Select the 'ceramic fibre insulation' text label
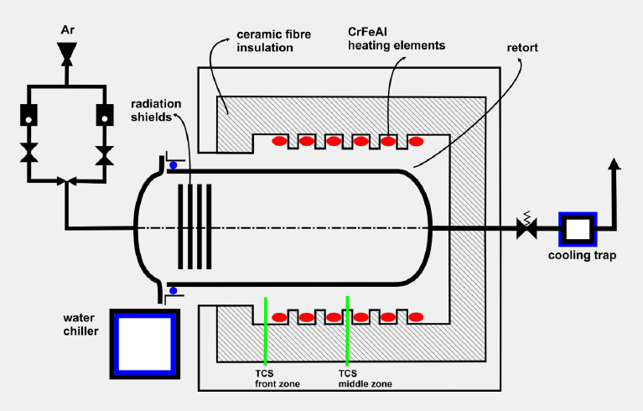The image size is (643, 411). [265, 42]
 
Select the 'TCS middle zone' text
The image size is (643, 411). [366, 378]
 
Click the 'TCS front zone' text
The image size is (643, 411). [277, 378]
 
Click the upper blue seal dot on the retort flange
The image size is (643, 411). [174, 165]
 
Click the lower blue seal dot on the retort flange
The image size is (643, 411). [174, 290]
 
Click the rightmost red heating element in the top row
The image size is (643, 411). [415, 142]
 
